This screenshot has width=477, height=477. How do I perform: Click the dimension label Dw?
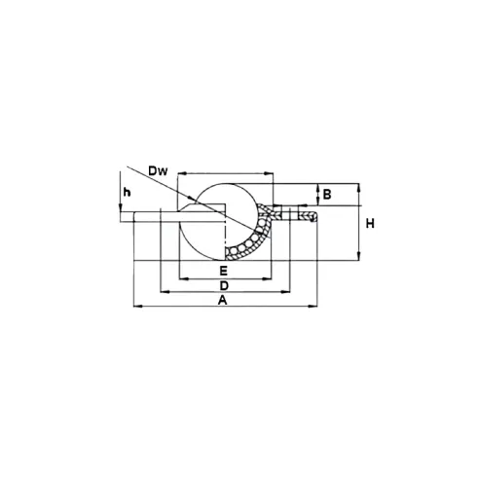[x=158, y=170]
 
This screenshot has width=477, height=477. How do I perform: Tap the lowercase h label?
[x=127, y=193]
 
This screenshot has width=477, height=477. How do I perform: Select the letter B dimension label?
[x=327, y=195]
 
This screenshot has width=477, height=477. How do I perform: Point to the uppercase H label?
[x=370, y=224]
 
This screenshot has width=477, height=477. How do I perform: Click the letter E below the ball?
[x=223, y=270]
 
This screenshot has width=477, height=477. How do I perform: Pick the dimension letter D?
[x=224, y=286]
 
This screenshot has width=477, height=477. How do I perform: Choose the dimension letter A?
[x=222, y=300]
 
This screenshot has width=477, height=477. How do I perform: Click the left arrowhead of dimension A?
[x=138, y=306]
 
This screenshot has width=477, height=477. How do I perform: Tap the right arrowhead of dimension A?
[x=313, y=306]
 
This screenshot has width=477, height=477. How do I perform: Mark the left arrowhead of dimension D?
[x=165, y=292]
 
